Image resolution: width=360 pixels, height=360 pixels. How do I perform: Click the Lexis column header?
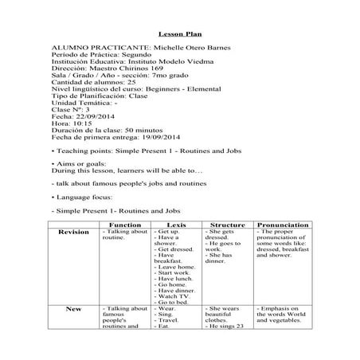click(x=176, y=225)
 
